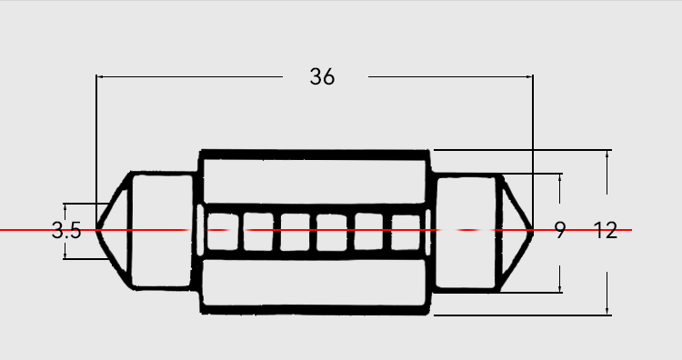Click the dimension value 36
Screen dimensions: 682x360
(322, 76)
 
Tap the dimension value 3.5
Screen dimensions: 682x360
(66, 230)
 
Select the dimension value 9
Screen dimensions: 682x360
(560, 230)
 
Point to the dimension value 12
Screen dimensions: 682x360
(606, 230)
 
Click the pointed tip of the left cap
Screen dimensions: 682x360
(96, 229)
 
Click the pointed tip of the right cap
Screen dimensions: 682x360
(532, 230)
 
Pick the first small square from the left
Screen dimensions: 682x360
(223, 231)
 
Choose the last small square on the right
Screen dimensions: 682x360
(406, 232)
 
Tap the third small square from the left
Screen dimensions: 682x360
(295, 232)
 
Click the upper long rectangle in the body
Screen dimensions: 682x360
(315, 181)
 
